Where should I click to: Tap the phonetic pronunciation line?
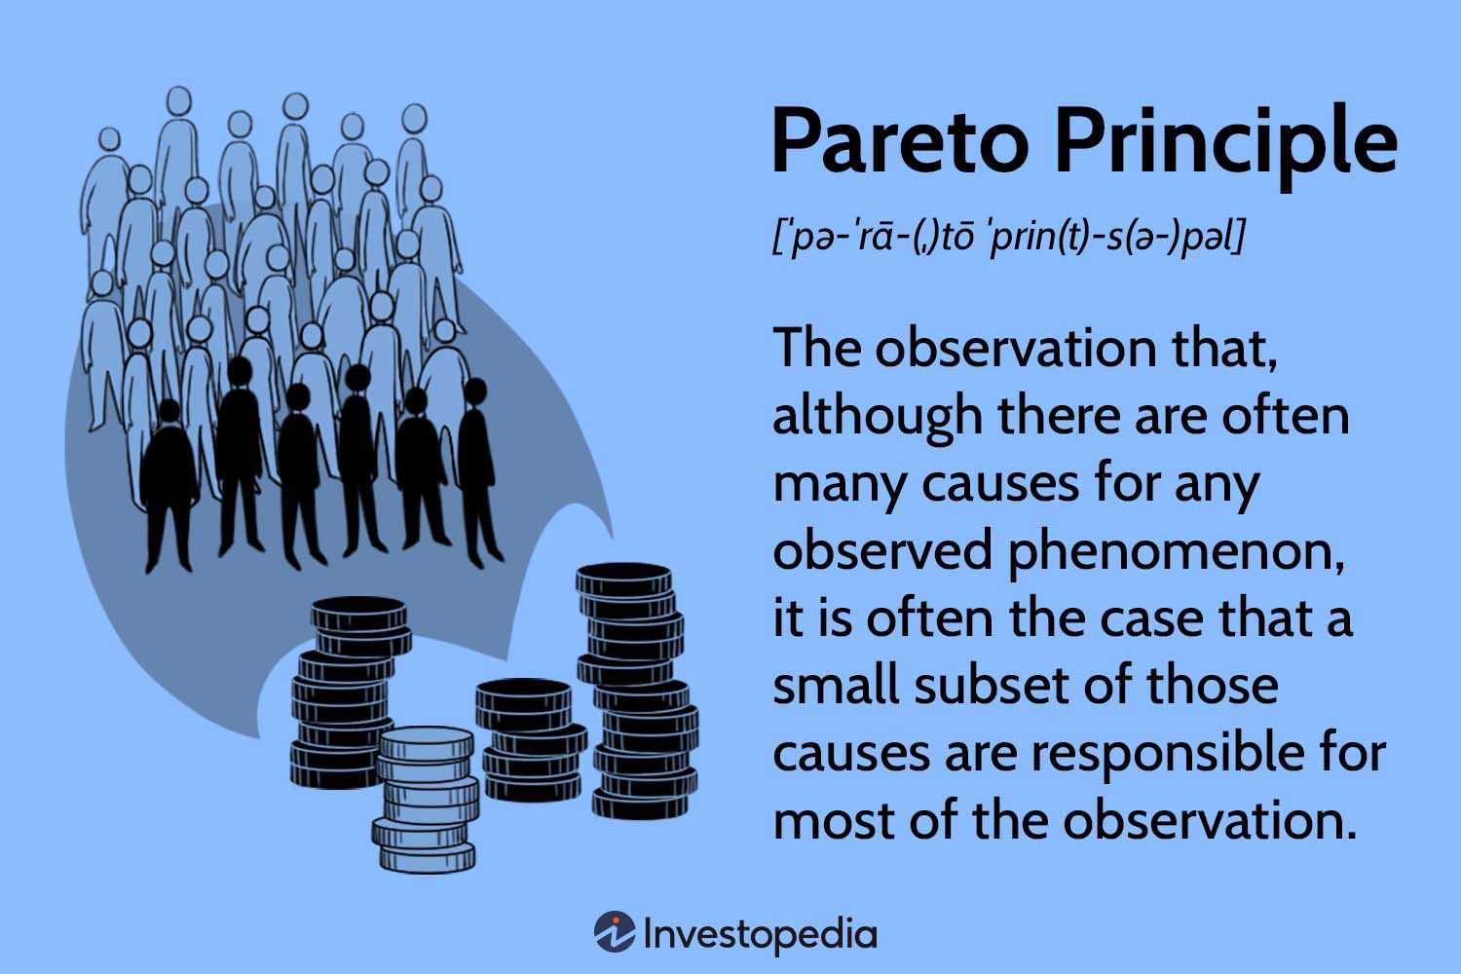coord(1009,238)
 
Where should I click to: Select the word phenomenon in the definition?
coord(1169,552)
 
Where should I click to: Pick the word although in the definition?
coord(878,417)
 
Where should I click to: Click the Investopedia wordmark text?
coord(760,934)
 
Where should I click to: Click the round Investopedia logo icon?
coord(615,932)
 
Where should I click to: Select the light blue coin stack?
coord(426,799)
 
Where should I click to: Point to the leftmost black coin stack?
coord(346,692)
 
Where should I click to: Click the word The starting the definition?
coord(814,349)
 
